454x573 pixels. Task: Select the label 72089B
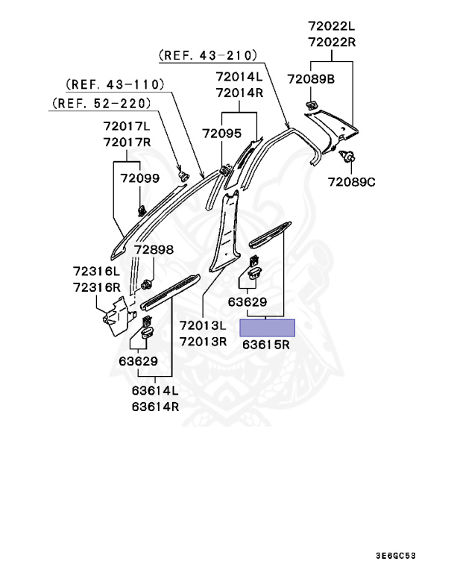(x=310, y=78)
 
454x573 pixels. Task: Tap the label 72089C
(x=350, y=182)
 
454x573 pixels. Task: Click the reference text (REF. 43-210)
(x=208, y=55)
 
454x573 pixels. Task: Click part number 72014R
(x=239, y=93)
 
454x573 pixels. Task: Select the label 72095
(x=221, y=134)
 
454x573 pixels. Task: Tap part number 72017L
(x=127, y=127)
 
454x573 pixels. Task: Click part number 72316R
(x=96, y=287)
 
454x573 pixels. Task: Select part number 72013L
(x=203, y=326)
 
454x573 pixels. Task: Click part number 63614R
(x=155, y=407)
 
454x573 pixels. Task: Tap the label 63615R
(x=266, y=346)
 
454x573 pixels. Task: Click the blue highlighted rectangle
(x=266, y=328)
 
